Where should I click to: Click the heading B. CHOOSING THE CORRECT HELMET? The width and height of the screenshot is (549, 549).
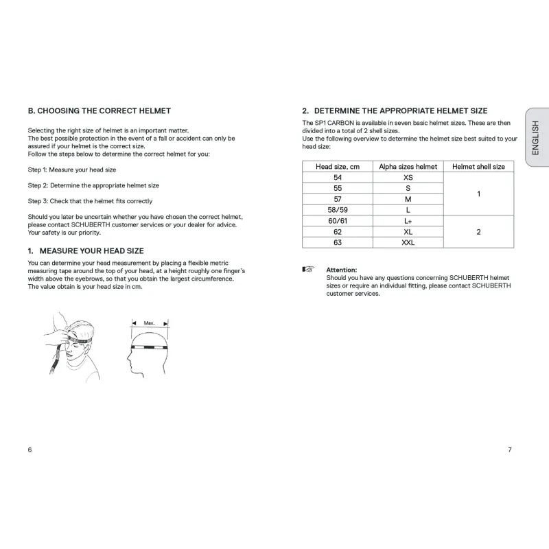click(99, 110)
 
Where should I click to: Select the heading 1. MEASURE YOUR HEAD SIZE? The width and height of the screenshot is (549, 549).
click(86, 251)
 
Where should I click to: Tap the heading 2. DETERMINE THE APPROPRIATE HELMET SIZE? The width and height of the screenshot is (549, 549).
click(395, 110)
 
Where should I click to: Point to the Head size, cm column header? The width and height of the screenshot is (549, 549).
click(337, 167)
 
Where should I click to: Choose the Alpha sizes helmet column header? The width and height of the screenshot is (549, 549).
click(408, 167)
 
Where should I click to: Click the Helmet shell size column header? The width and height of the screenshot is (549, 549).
click(478, 167)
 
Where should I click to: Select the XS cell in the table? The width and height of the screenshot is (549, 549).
click(408, 177)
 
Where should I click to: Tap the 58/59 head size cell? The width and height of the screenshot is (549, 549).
click(337, 210)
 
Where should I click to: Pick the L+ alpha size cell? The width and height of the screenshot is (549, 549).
click(408, 221)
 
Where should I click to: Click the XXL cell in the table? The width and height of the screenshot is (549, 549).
click(408, 242)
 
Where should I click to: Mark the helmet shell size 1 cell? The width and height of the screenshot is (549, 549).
click(478, 194)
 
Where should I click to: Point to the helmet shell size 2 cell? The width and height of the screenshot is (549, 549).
click(478, 232)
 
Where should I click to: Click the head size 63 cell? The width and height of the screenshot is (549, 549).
click(337, 242)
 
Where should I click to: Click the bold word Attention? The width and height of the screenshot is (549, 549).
click(342, 270)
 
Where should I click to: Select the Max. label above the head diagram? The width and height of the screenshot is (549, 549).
click(150, 322)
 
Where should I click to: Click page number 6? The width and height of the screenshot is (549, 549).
click(30, 449)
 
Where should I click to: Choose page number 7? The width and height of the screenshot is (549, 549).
click(509, 449)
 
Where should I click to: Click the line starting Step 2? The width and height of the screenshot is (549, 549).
click(93, 185)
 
